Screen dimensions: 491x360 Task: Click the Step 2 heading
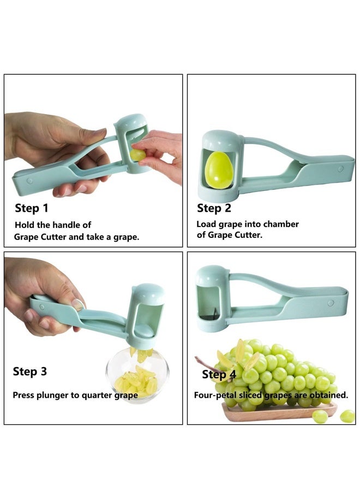coord(214,208)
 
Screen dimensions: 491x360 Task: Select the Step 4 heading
coord(219,374)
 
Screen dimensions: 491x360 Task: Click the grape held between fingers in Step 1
coord(137,155)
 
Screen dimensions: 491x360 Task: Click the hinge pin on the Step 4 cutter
coord(331,302)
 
